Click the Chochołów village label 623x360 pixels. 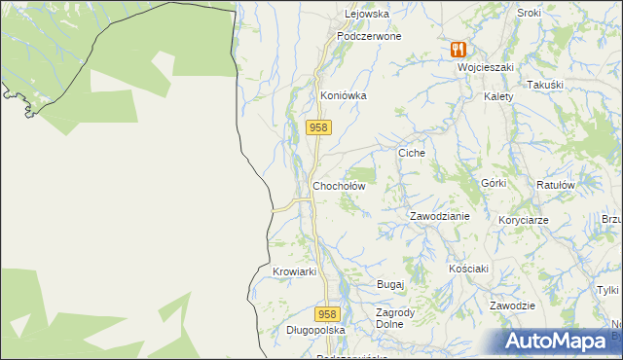point(338,186)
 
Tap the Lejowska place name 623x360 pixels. point(367,15)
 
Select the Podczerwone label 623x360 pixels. point(369,36)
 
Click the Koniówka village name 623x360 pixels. point(343,96)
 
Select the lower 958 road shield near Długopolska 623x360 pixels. point(328,314)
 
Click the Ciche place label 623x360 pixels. point(413,153)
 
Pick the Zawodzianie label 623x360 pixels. point(439,216)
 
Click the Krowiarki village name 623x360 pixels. point(295,271)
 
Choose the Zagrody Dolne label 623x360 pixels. point(389,318)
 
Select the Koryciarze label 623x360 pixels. point(524,221)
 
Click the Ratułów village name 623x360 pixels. point(557,184)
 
